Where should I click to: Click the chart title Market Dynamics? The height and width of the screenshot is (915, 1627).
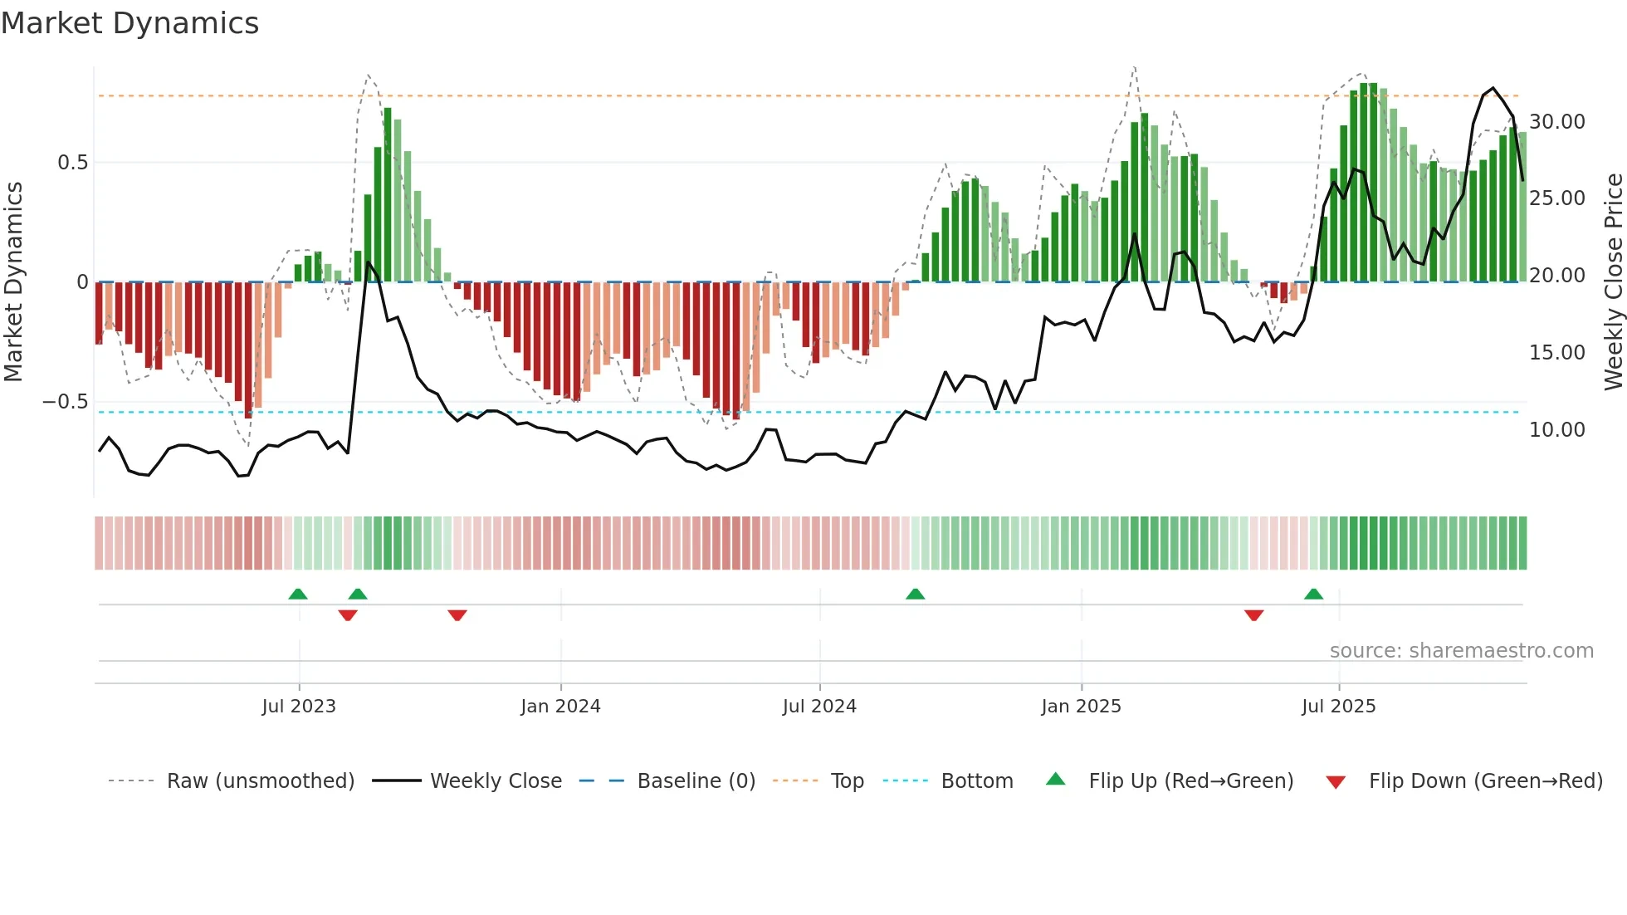129,23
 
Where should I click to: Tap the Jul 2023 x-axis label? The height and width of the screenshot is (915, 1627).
299,707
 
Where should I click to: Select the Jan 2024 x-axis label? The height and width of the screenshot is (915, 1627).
560,707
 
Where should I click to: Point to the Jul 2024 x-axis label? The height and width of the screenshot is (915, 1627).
819,707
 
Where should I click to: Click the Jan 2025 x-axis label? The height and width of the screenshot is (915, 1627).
1081,707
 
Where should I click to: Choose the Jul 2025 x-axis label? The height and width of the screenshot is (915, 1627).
1338,707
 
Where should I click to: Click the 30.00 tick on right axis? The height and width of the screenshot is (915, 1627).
1556,122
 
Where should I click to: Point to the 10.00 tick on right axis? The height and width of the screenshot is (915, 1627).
1556,430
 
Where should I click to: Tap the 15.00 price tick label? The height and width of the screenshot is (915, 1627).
1556,353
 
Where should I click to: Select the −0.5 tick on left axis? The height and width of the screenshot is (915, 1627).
66,402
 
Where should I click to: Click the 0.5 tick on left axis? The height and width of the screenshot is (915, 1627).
72,163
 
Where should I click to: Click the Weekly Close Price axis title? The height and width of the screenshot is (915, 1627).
1613,281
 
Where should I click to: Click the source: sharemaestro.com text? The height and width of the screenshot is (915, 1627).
1461,651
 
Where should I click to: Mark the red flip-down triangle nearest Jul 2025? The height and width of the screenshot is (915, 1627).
1253,615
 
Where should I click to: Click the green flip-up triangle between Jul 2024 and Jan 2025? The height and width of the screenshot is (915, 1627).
915,594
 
